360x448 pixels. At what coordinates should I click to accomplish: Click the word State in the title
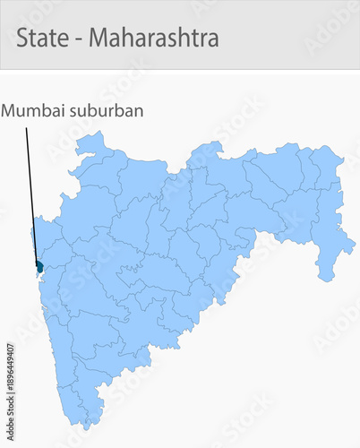coord(40,39)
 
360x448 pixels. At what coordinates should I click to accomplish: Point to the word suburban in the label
coord(108,111)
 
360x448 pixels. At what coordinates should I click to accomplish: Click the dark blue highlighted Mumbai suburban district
coord(39,266)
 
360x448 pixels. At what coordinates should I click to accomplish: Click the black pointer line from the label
coord(32,197)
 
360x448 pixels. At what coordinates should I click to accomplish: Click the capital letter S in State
coord(22,39)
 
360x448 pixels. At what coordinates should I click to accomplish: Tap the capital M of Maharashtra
coord(98,39)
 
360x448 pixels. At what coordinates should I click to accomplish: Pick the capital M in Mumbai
coord(8,111)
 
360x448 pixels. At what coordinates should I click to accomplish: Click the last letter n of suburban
coord(139,112)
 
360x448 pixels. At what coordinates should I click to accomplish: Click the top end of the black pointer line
coord(27,128)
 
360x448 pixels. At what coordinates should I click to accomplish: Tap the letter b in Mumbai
coord(47,111)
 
